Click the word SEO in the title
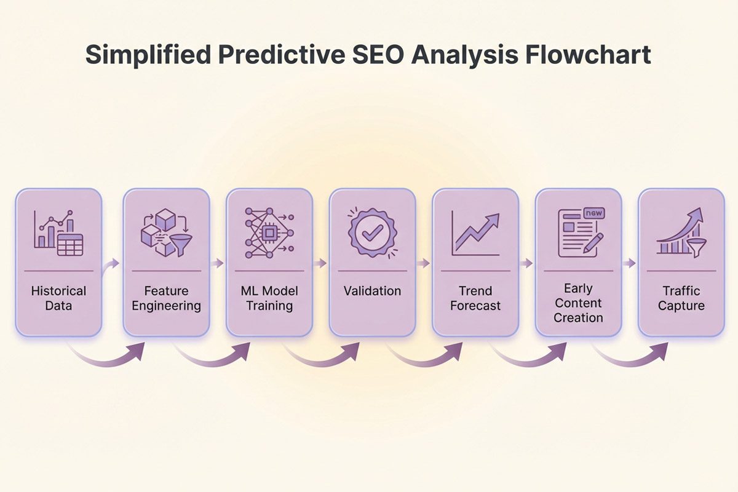click(x=378, y=54)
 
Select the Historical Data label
click(x=58, y=298)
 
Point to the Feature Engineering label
click(x=167, y=298)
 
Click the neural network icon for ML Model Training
click(x=269, y=233)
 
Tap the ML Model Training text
click(x=269, y=298)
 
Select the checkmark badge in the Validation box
click(x=373, y=233)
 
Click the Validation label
click(x=373, y=291)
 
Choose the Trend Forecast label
click(x=475, y=298)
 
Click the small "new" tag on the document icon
click(x=594, y=213)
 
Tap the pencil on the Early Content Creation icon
click(x=593, y=243)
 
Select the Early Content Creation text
click(x=579, y=303)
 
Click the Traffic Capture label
click(x=681, y=298)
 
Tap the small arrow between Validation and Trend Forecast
click(x=423, y=263)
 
